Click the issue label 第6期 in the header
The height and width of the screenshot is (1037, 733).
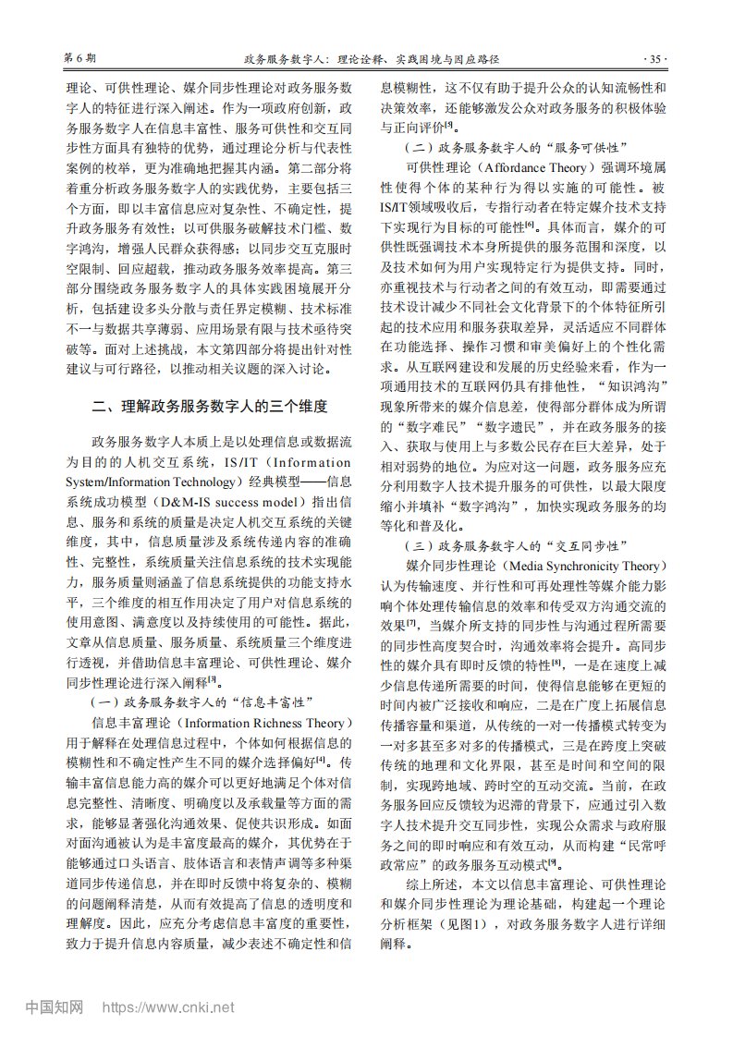[x=79, y=57]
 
